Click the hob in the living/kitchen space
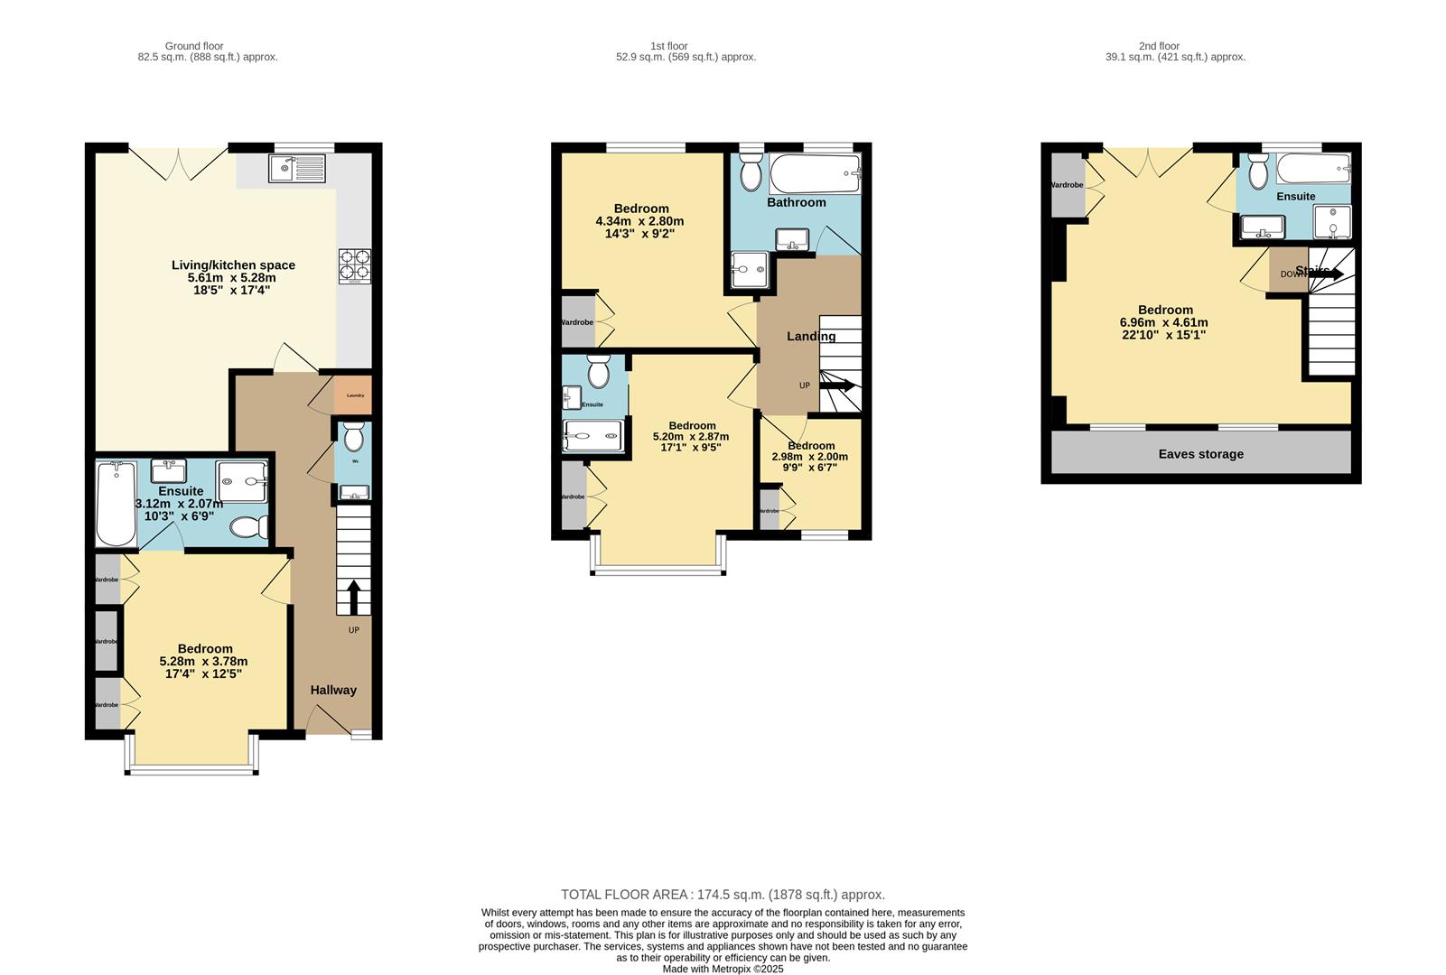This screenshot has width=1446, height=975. (354, 266)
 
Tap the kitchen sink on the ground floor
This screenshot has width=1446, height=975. (297, 169)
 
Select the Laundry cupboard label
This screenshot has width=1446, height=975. (355, 395)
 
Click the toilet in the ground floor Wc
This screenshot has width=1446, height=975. (353, 439)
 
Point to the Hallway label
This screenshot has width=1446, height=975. (333, 690)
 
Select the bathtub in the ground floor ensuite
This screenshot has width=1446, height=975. (116, 504)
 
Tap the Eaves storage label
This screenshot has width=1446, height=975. (1200, 454)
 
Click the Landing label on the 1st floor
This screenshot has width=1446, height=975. (810, 336)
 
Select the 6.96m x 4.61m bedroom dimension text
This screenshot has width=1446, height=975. (1163, 322)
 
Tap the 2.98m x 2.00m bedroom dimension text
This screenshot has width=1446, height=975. (809, 457)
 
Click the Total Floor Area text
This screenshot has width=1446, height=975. (723, 895)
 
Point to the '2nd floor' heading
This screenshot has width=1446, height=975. (1159, 46)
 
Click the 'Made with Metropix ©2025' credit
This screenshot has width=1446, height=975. (723, 969)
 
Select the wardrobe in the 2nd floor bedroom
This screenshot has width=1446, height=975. (1068, 185)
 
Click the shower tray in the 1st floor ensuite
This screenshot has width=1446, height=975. (592, 436)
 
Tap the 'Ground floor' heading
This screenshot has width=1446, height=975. (194, 46)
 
